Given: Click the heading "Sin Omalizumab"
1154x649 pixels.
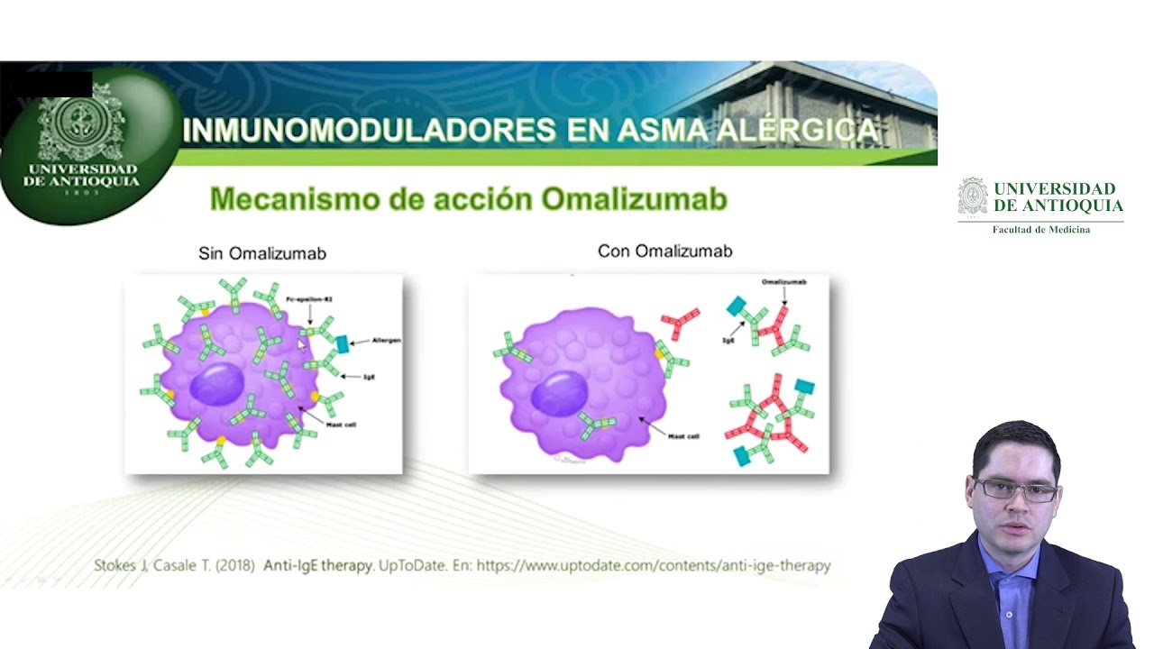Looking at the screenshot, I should [x=262, y=253].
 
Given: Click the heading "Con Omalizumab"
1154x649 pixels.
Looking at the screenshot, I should [x=664, y=251].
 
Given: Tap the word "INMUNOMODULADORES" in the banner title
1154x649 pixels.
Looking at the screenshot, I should [x=368, y=131].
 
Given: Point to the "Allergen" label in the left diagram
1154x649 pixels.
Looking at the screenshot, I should [x=386, y=341].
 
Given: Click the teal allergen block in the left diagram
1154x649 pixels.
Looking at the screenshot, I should [x=343, y=343].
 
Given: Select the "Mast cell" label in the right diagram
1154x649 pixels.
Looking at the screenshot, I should [x=682, y=435].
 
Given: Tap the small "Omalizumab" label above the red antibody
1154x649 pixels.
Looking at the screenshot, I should [x=783, y=282].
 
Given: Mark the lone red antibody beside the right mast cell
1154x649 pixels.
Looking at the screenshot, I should [x=680, y=323].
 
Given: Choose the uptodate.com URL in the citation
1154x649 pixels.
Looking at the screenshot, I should [x=653, y=566].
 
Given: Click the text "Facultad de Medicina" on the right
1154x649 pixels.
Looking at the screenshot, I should [x=1040, y=230].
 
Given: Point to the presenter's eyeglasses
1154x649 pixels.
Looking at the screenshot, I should [x=1017, y=490].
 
